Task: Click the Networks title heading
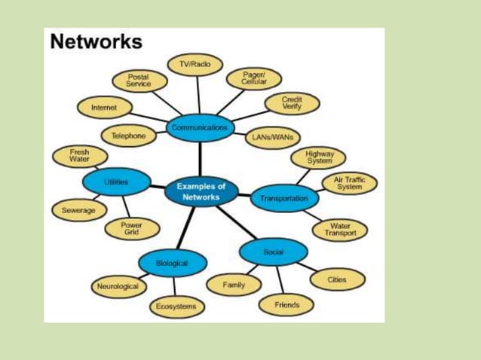pos(96,42)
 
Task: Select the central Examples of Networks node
pos(201,191)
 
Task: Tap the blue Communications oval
pos(199,129)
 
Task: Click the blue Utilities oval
pos(115,182)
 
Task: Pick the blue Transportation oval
pos(283,199)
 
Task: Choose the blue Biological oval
pos(172,263)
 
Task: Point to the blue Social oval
pos(273,252)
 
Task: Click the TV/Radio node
pos(195,66)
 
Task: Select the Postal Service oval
pos(139,81)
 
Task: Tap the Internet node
pos(104,108)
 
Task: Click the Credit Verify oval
pos(292,104)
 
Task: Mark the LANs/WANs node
pos(273,138)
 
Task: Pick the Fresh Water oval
pos(79,156)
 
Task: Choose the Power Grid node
pos(131,229)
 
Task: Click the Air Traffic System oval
pos(349,183)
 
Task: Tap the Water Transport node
pos(340,230)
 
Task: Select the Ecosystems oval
pos(176,307)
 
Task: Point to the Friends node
pos(286,305)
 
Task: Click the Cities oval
pos(337,279)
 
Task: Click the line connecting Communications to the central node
pos(201,160)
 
